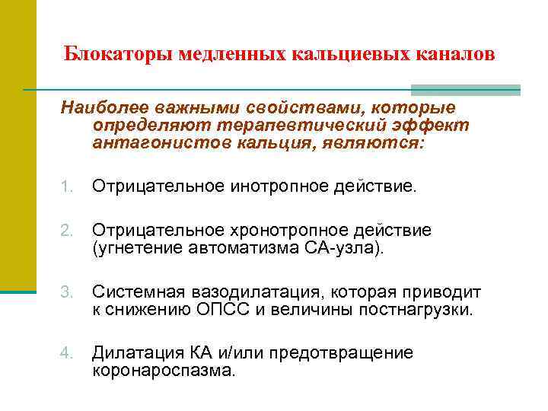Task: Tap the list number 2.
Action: (x=67, y=231)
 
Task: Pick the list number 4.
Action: (x=67, y=352)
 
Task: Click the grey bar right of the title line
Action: (x=497, y=90)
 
